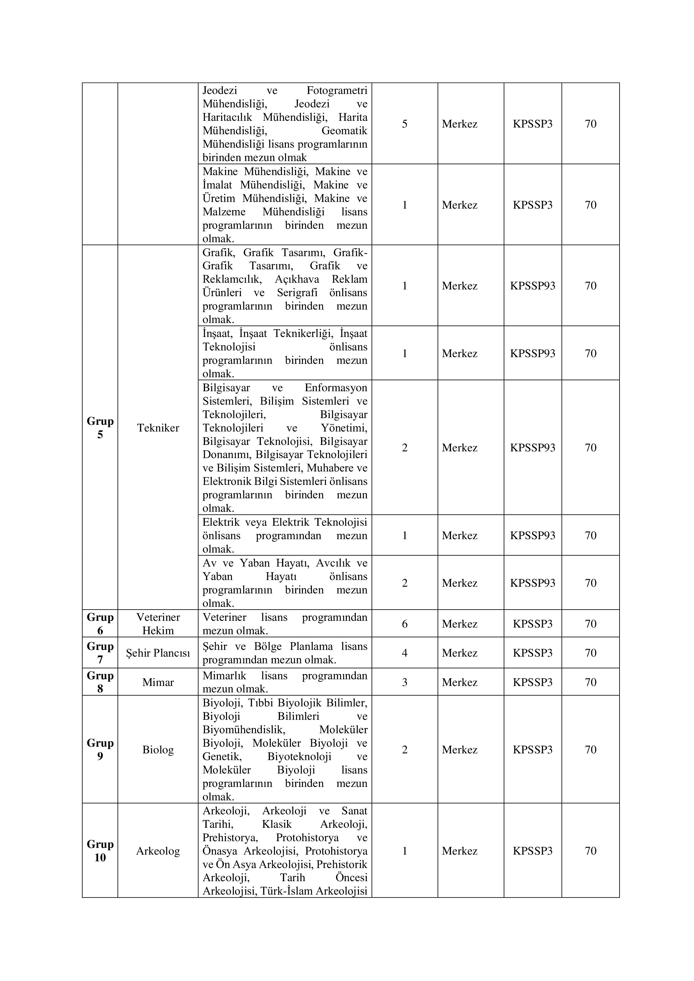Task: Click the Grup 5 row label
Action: tap(100, 428)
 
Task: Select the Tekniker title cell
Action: tap(158, 428)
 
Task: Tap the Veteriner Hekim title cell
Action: tap(158, 624)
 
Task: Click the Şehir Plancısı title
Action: tap(158, 653)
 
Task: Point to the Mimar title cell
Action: tap(158, 682)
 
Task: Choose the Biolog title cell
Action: tap(158, 750)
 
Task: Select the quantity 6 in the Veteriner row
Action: tap(405, 624)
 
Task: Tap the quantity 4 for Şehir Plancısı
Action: tap(405, 653)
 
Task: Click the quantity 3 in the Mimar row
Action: tap(405, 682)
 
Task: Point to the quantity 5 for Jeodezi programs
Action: tap(405, 124)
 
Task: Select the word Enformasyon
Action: tap(336, 388)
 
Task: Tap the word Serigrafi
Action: tap(297, 293)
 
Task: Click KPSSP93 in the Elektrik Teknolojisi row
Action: tap(533, 535)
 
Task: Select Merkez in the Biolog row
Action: tap(459, 750)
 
